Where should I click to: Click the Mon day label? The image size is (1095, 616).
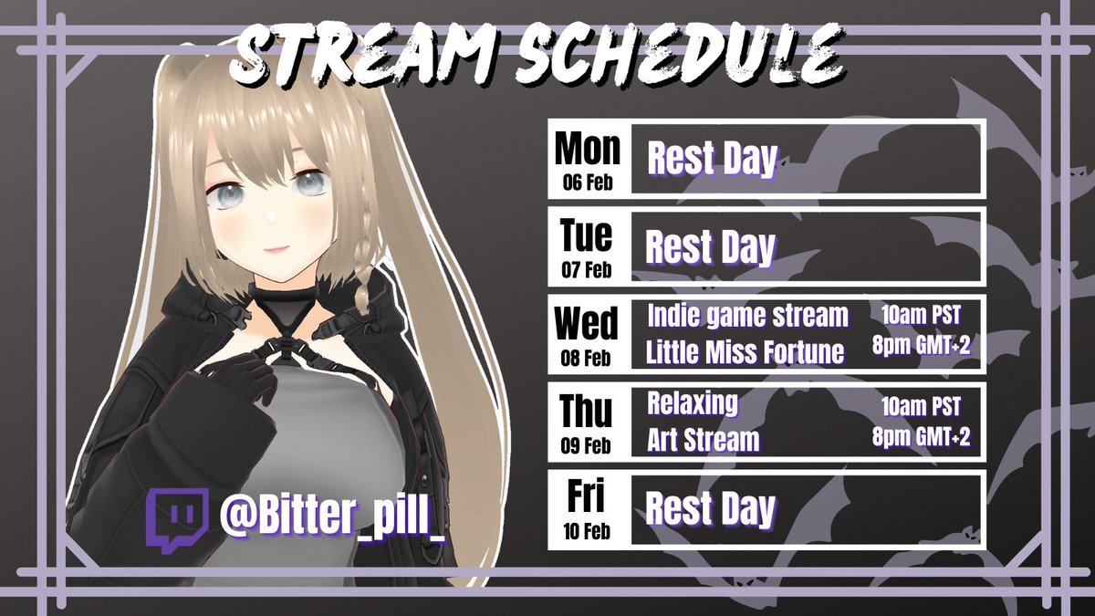(587, 149)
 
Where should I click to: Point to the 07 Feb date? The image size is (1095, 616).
(587, 269)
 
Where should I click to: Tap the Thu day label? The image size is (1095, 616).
(587, 411)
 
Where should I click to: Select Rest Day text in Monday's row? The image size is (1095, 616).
(712, 160)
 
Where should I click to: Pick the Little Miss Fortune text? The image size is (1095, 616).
(745, 353)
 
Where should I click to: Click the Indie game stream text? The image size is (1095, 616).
(747, 317)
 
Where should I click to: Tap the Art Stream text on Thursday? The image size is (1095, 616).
(703, 440)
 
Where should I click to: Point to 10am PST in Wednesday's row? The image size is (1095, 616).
(919, 316)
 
